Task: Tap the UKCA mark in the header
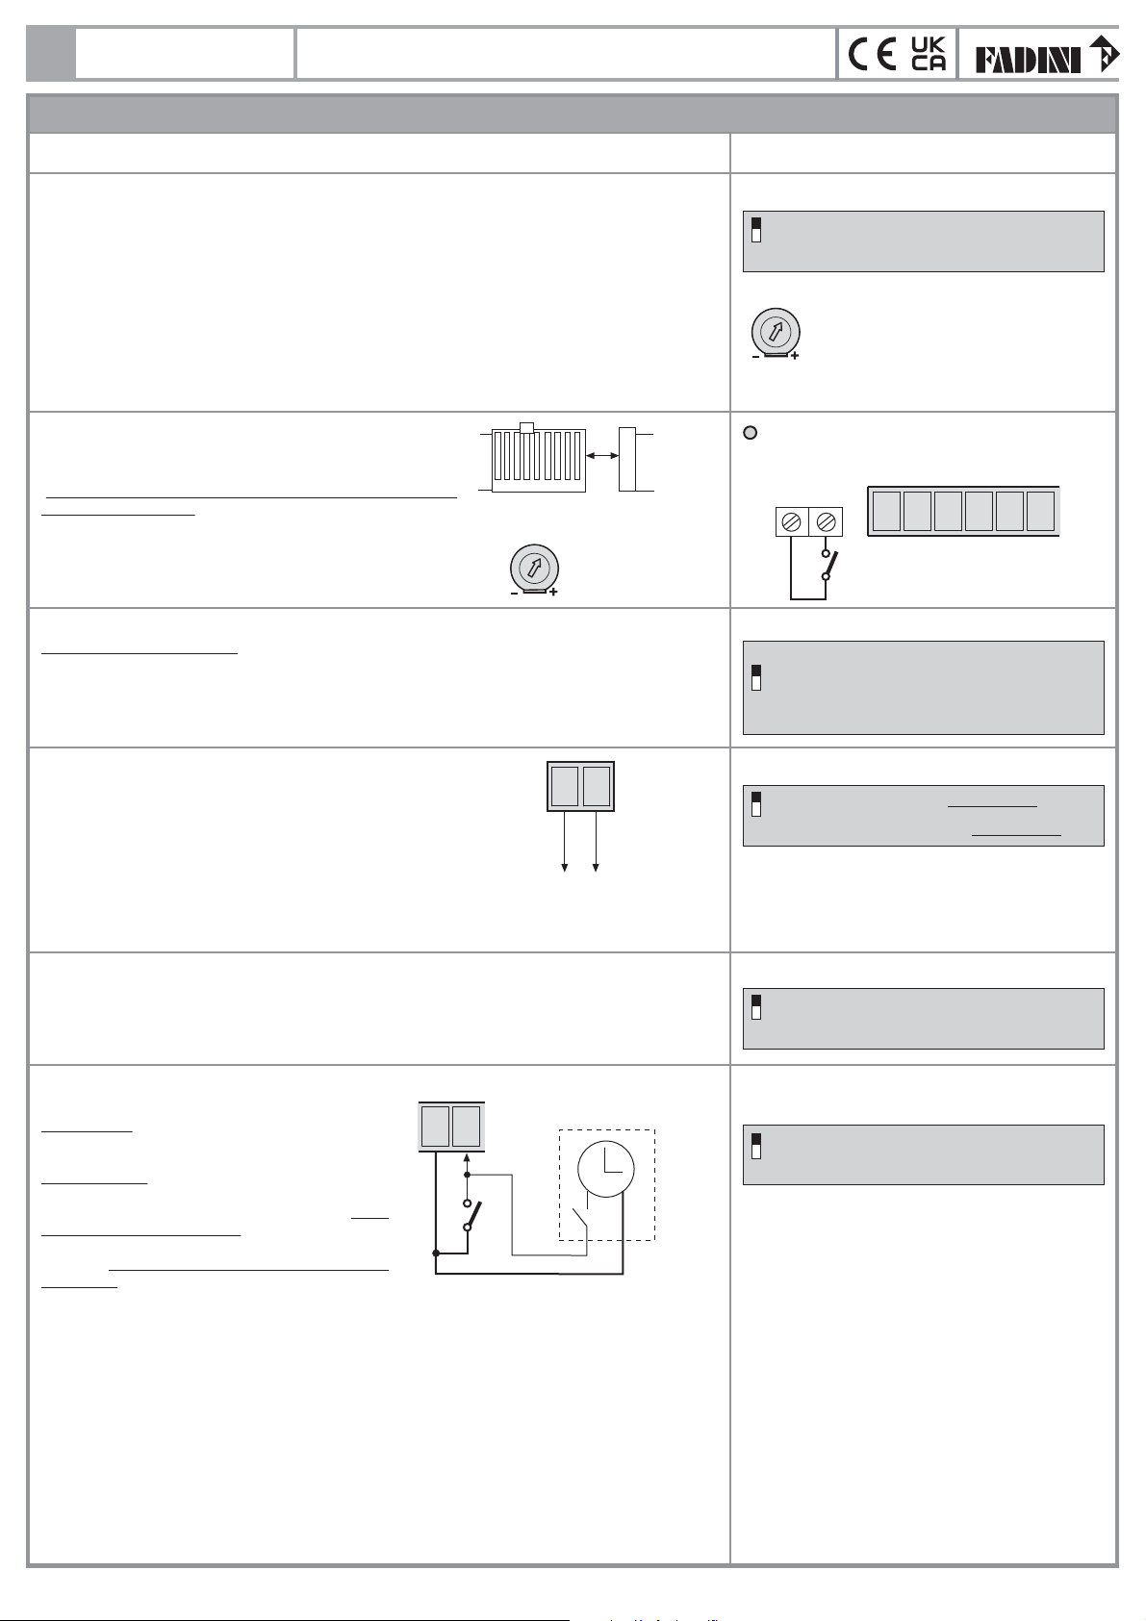[928, 54]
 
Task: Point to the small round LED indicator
[751, 433]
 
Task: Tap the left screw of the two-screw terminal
[792, 521]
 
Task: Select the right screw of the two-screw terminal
[826, 521]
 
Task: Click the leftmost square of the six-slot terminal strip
[886, 511]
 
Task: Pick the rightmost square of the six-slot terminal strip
[1040, 511]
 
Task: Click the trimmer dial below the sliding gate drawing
[534, 568]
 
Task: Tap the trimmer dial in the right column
[776, 332]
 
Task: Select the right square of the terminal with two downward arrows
[597, 786]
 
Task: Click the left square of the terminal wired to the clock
[435, 1127]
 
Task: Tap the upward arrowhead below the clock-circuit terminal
[467, 1159]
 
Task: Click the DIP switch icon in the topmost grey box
[756, 230]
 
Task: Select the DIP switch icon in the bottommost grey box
[756, 1144]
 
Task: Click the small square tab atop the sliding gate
[525, 426]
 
